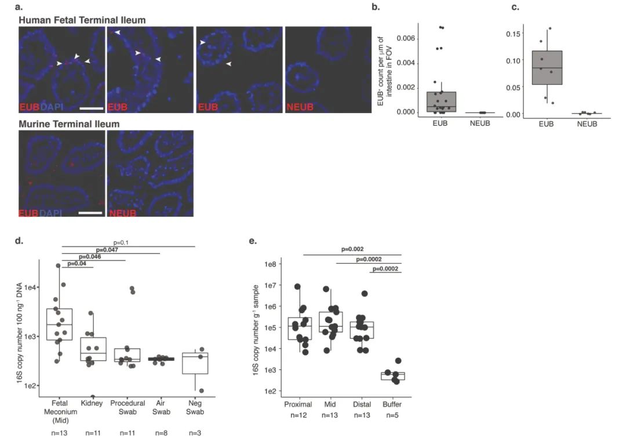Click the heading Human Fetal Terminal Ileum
(x=82, y=20)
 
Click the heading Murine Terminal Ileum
(x=69, y=124)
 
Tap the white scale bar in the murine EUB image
(x=89, y=212)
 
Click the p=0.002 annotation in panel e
(x=352, y=249)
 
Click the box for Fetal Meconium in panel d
(x=60, y=325)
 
